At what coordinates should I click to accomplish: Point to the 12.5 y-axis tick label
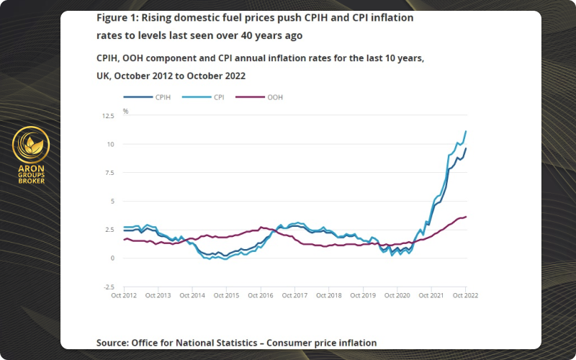pyautogui.click(x=107, y=115)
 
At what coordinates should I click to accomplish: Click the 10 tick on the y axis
pyautogui.click(x=110, y=144)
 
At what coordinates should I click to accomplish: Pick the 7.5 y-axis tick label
pyautogui.click(x=108, y=173)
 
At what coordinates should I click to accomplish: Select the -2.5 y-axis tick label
pyautogui.click(x=107, y=287)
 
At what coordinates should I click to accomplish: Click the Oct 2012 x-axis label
pyautogui.click(x=124, y=295)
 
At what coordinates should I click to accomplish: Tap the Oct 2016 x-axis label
pyautogui.click(x=261, y=295)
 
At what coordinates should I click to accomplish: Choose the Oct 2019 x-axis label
pyautogui.click(x=364, y=295)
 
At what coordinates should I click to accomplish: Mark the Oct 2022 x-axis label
pyautogui.click(x=466, y=295)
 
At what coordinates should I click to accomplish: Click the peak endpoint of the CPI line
pyautogui.click(x=466, y=131)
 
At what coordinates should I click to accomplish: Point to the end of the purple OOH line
pyautogui.click(x=466, y=217)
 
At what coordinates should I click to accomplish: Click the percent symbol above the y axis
pyautogui.click(x=125, y=111)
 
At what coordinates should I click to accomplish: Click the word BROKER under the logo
pyautogui.click(x=31, y=181)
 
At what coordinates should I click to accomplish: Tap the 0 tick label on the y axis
pyautogui.click(x=112, y=258)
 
